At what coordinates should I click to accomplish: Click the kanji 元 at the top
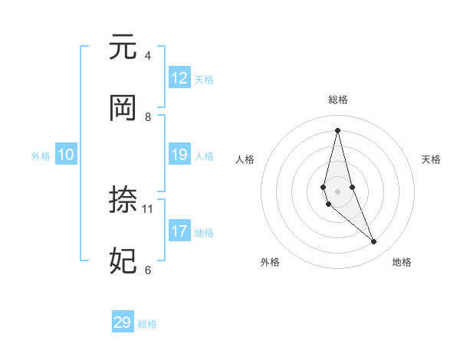tap(123, 47)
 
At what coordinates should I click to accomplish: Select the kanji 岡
tap(123, 109)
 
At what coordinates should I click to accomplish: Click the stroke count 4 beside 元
tap(147, 56)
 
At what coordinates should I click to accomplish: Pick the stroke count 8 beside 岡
tap(147, 117)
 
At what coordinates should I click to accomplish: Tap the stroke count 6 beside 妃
tap(147, 270)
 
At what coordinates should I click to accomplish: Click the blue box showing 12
tap(179, 78)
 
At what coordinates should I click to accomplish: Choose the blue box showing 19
tap(179, 155)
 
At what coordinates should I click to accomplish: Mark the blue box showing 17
tap(179, 231)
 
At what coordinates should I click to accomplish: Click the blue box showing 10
tap(66, 155)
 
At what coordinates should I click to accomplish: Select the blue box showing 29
tap(123, 322)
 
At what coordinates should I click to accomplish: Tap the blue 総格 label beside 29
tap(147, 324)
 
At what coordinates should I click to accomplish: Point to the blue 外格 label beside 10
tap(41, 156)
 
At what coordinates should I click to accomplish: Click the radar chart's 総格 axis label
tap(337, 100)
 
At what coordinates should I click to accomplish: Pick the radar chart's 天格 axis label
tap(432, 159)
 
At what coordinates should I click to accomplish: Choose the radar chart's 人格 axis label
tap(245, 159)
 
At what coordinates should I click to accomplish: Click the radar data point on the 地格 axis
tap(374, 242)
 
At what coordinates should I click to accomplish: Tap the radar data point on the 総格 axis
tap(337, 129)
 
